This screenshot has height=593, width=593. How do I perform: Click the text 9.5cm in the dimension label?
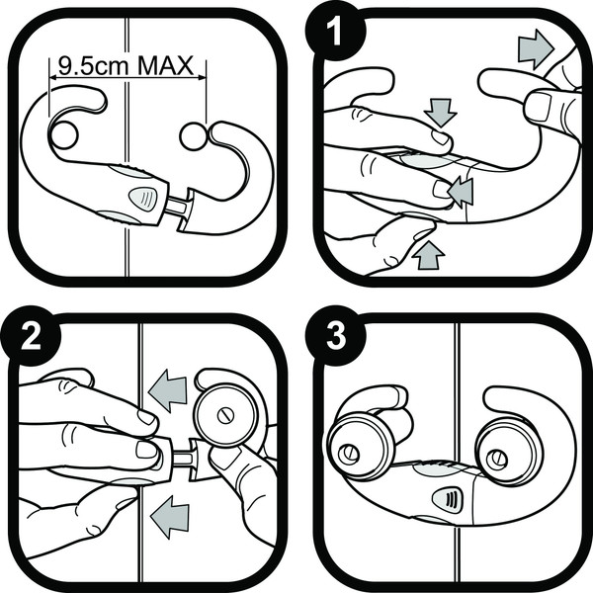pyautogui.click(x=93, y=65)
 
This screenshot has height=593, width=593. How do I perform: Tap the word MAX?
pyautogui.click(x=166, y=65)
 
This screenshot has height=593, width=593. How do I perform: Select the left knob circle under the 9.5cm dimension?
pyautogui.click(x=64, y=135)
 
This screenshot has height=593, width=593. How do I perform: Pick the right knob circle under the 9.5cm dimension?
pyautogui.click(x=194, y=135)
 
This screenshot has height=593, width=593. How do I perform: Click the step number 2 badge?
pyautogui.click(x=31, y=335)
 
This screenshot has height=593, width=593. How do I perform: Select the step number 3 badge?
pyautogui.click(x=335, y=335)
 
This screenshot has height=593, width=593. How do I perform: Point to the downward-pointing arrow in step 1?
pyautogui.click(x=441, y=113)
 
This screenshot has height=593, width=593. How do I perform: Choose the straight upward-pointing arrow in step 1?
pyautogui.click(x=428, y=255)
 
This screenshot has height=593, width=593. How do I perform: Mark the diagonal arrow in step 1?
pyautogui.click(x=461, y=192)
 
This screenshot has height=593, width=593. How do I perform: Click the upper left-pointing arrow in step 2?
pyautogui.click(x=168, y=390)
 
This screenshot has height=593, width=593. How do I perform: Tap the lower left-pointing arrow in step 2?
pyautogui.click(x=169, y=517)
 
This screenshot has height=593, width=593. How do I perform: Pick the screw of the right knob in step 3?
pyautogui.click(x=496, y=459)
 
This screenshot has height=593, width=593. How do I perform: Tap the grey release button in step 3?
pyautogui.click(x=448, y=499)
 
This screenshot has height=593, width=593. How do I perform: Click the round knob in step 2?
pyautogui.click(x=225, y=415)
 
